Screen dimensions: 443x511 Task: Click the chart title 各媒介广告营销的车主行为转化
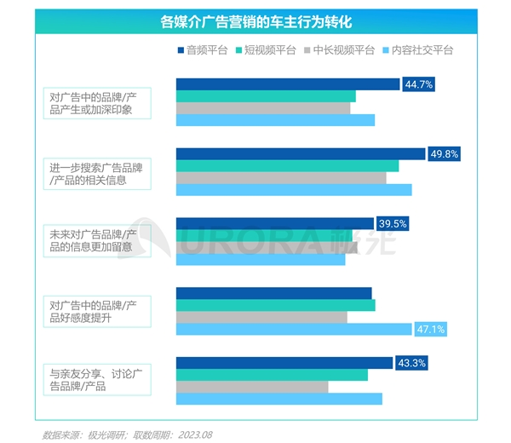pyautogui.click(x=255, y=20)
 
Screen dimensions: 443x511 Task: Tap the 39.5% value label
pyautogui.click(x=393, y=224)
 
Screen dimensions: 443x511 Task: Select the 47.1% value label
pyautogui.click(x=429, y=329)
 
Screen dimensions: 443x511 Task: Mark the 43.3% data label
pyautogui.click(x=411, y=363)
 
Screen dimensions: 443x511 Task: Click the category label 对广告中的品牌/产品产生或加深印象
pyautogui.click(x=99, y=102)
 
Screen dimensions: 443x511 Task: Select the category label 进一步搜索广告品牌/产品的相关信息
pyautogui.click(x=99, y=172)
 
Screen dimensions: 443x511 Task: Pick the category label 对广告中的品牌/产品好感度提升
pyautogui.click(x=99, y=311)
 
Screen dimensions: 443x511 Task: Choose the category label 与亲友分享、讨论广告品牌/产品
pyautogui.click(x=99, y=381)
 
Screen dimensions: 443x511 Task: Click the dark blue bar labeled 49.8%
pyautogui.click(x=300, y=154)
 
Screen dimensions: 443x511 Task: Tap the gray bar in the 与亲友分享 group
pyautogui.click(x=252, y=387)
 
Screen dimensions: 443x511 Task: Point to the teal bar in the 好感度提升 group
pyautogui.click(x=275, y=305)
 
